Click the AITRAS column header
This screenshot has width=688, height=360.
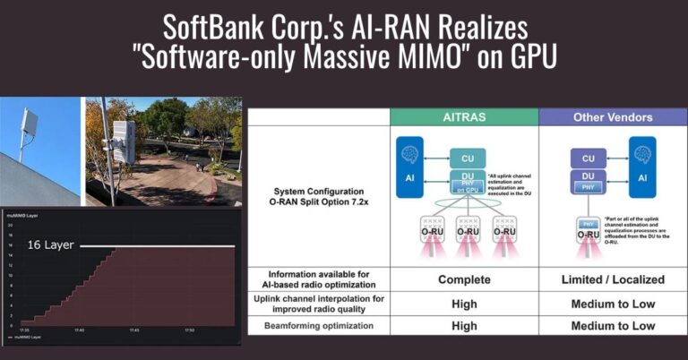463,117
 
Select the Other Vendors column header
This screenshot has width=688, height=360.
614,117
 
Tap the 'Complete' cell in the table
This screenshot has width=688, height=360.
463,279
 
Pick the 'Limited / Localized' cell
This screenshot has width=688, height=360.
614,279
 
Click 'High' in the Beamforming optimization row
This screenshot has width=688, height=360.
463,325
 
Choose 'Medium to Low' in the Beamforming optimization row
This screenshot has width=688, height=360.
614,325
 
